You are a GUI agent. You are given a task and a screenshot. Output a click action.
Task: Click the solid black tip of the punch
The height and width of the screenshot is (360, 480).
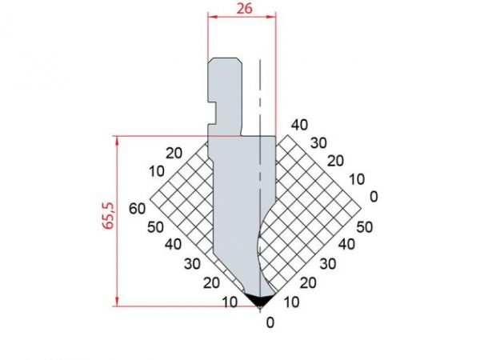pyautogui.click(x=258, y=299)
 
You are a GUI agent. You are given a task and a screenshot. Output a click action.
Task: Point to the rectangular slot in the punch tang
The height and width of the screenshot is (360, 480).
pyautogui.click(x=215, y=102)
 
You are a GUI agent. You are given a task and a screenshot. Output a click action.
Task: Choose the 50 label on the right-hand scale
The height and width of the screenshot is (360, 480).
pyautogui.click(x=364, y=226)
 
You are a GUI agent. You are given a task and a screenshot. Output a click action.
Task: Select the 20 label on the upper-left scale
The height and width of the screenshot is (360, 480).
pyautogui.click(x=174, y=153)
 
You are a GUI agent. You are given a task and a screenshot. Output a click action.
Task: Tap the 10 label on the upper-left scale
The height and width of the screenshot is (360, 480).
pyautogui.click(x=157, y=170)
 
